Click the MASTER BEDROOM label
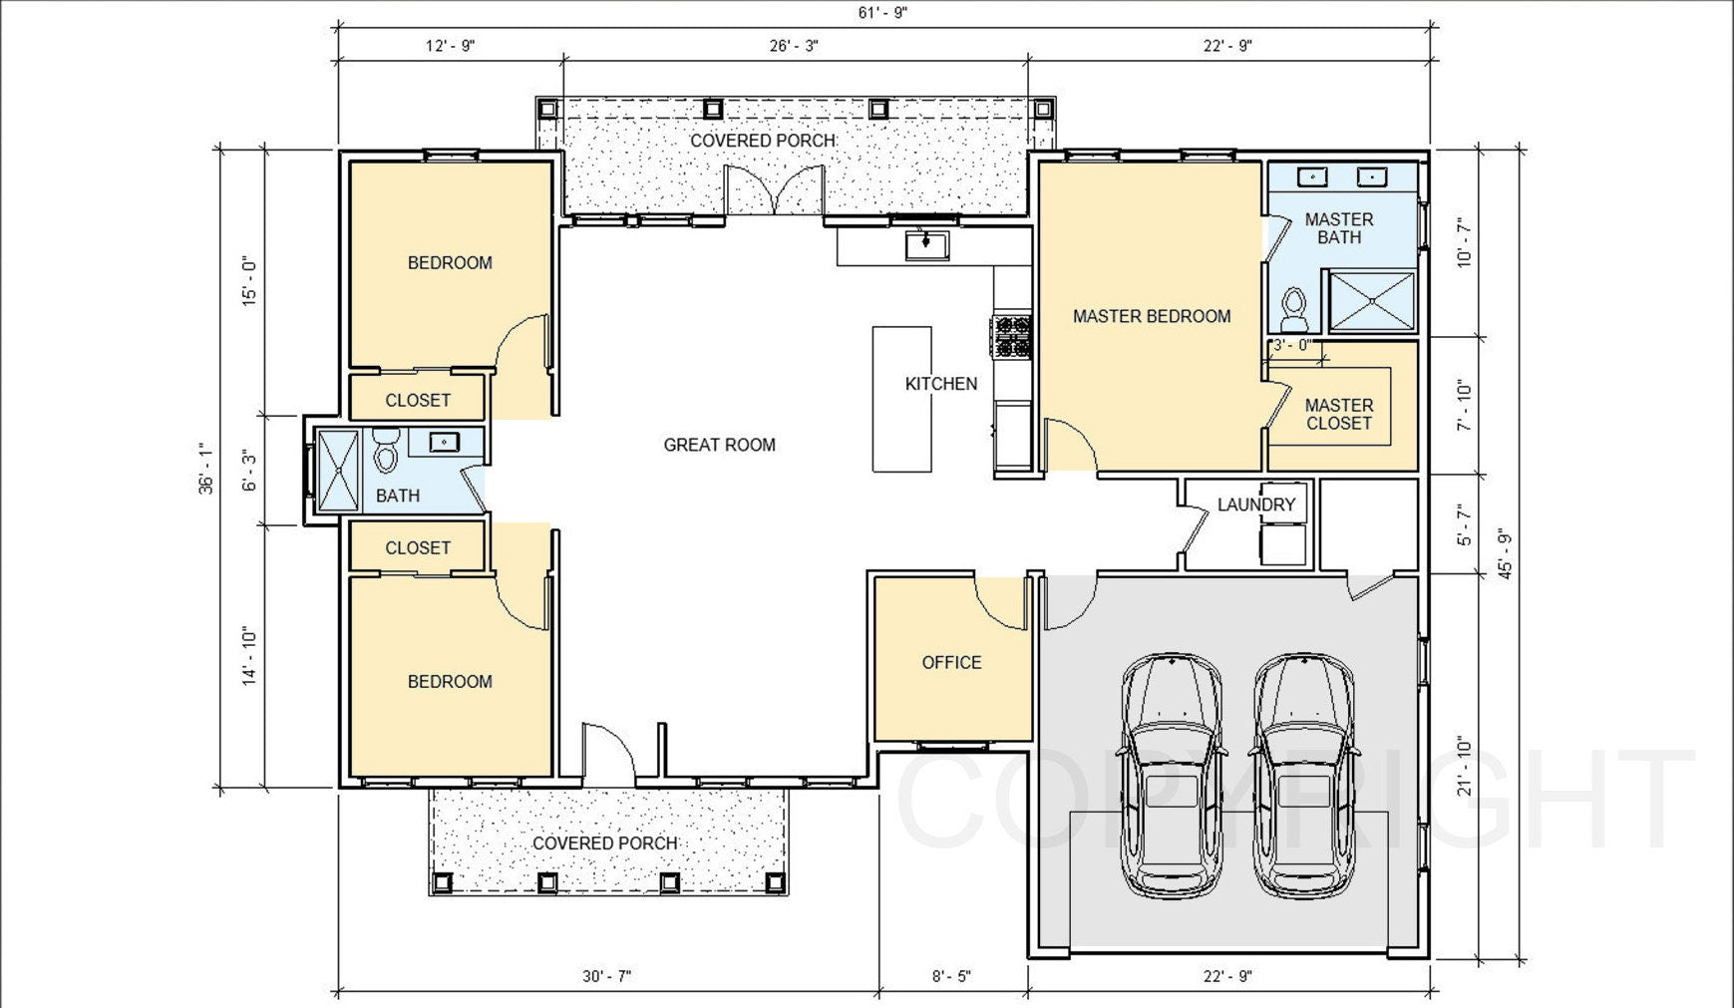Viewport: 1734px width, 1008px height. (1151, 316)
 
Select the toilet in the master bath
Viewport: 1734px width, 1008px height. (1294, 308)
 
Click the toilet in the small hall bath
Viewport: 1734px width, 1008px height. (386, 453)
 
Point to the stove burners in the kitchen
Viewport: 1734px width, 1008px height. (1012, 336)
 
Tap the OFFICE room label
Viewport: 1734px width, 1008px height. (951, 662)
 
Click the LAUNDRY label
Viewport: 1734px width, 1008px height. (1255, 504)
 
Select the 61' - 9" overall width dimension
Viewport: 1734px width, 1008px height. (883, 13)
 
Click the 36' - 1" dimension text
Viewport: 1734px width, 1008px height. (206, 469)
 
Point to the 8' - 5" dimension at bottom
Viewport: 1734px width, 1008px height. (951, 976)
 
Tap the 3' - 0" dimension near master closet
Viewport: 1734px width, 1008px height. (1292, 345)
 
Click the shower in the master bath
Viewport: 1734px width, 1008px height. (1372, 301)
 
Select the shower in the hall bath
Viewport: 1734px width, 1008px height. (338, 471)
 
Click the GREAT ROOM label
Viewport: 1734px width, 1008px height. (719, 445)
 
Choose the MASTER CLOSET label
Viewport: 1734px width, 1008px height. (1338, 414)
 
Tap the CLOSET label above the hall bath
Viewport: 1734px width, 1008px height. (418, 400)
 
